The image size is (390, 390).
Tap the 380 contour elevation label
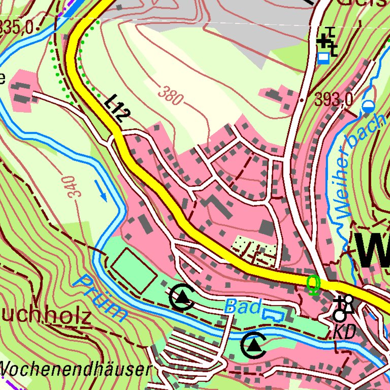pos(170,95)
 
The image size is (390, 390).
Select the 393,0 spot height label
pos(334,101)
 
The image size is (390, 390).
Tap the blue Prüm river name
pos(104,299)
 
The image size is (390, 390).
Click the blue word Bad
pos(242,306)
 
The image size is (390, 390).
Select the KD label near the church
pos(345,333)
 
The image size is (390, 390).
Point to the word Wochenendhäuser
pos(76,370)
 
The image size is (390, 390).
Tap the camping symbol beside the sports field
pos(182,298)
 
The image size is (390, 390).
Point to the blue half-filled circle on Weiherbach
pos(368,106)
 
